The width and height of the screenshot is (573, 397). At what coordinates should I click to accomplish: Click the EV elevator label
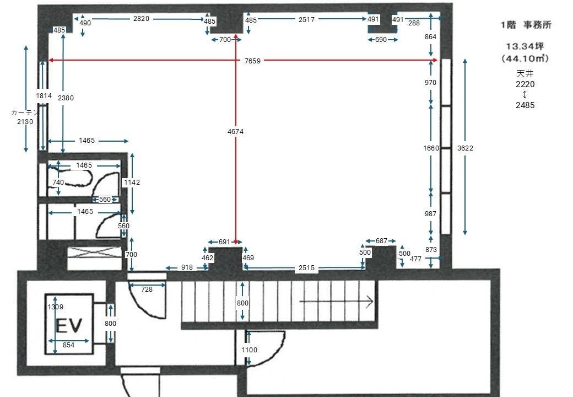click(x=69, y=325)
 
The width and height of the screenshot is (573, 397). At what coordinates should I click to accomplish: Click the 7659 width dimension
click(x=252, y=61)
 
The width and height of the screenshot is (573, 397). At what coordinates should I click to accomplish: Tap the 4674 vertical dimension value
click(x=235, y=132)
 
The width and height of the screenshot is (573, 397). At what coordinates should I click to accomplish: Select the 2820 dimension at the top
click(x=141, y=19)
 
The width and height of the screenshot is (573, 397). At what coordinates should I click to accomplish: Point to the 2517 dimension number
click(x=306, y=20)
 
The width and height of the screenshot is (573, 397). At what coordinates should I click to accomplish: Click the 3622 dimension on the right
click(x=465, y=148)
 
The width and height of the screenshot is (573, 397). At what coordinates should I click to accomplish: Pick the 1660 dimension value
click(x=431, y=148)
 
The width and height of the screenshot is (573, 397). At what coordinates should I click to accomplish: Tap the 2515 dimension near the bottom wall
click(x=306, y=268)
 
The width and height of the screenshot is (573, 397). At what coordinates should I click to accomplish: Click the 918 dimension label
click(x=187, y=267)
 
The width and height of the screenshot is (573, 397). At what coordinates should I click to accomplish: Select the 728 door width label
click(x=147, y=289)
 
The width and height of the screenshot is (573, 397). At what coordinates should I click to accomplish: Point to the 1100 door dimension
click(x=249, y=350)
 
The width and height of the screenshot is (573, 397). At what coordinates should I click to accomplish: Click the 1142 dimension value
click(x=132, y=183)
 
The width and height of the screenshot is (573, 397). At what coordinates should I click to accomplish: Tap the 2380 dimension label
click(x=66, y=98)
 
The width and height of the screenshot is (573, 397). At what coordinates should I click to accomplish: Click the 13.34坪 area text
click(x=525, y=46)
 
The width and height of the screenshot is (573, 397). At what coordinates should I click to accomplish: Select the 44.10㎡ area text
click(x=525, y=58)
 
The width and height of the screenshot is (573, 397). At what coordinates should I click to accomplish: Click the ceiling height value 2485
click(x=525, y=105)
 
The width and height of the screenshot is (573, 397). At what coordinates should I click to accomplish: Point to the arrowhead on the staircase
click(x=370, y=302)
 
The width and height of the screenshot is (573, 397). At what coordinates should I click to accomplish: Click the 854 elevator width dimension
click(x=68, y=345)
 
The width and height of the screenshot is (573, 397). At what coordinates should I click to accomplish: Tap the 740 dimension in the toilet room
click(x=58, y=183)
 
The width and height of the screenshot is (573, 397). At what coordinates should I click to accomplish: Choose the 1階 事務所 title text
click(x=526, y=25)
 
